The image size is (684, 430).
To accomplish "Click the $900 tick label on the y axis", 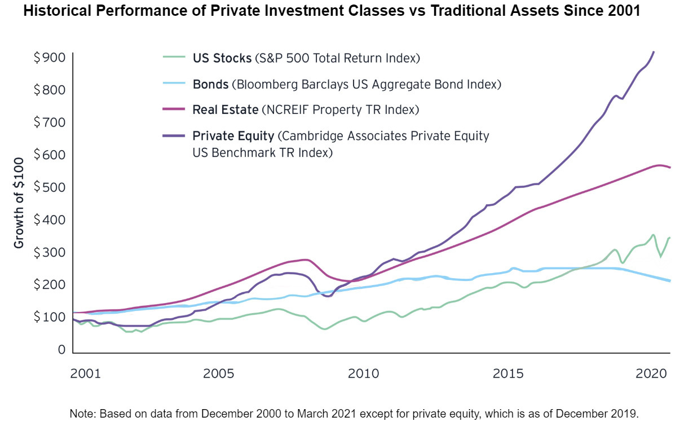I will point(50,58).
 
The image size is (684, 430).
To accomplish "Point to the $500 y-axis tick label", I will point(50,187).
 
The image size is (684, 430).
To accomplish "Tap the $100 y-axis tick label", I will point(50,317).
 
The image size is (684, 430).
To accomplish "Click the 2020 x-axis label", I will point(652,374).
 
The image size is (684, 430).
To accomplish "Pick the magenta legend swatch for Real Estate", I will point(174,109).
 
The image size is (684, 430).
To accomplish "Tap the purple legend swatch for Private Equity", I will point(174,135).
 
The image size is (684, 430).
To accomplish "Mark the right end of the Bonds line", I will point(669,280).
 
